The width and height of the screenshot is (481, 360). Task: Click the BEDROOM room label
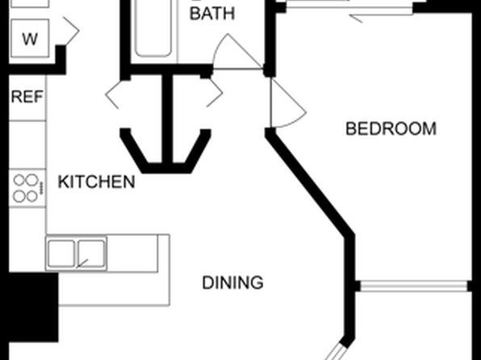[391, 129]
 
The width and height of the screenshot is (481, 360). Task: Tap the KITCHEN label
[96, 182]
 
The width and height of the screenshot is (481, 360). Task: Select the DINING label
[232, 283]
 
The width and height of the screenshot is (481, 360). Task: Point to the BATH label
[212, 14]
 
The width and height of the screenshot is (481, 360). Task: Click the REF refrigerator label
[27, 97]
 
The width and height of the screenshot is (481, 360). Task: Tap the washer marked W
[30, 38]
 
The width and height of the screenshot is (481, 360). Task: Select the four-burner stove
[27, 188]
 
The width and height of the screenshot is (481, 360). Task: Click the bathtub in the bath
[153, 28]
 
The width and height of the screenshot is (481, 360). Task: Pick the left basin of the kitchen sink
[61, 253]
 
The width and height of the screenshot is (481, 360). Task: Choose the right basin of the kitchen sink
[91, 253]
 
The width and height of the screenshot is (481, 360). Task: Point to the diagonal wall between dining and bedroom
[310, 183]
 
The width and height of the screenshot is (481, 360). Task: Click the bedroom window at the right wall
[414, 286]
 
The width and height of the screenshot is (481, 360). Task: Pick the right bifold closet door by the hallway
[215, 94]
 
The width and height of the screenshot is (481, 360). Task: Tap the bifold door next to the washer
[72, 31]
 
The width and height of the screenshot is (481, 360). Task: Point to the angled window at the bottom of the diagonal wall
[336, 351]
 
